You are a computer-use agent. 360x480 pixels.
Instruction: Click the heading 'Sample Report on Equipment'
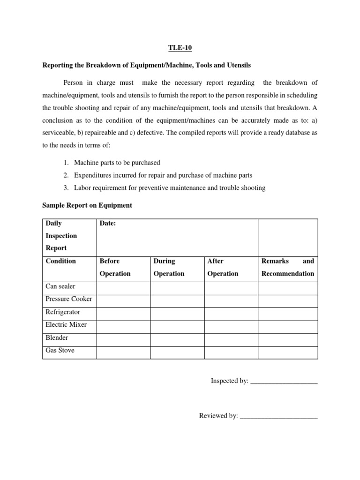pyautogui.click(x=87, y=205)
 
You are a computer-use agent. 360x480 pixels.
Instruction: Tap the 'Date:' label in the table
pyautogui.click(x=107, y=224)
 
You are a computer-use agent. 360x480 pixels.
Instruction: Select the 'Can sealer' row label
pyautogui.click(x=60, y=286)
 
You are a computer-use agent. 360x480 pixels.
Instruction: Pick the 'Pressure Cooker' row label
pyautogui.click(x=68, y=299)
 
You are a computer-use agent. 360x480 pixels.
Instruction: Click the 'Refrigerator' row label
pyautogui.click(x=63, y=312)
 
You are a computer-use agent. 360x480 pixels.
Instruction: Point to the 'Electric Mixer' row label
pyautogui.click(x=66, y=324)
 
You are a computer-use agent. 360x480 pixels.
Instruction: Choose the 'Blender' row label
pyautogui.click(x=57, y=337)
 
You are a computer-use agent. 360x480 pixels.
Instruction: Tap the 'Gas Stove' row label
pyautogui.click(x=60, y=350)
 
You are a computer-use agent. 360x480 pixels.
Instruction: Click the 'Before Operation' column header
pyautogui.click(x=115, y=267)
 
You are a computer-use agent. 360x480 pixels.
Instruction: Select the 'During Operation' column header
pyautogui.click(x=169, y=267)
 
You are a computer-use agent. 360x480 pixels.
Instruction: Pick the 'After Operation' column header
pyautogui.click(x=223, y=267)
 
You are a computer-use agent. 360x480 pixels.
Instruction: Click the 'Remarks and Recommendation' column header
pyautogui.click(x=287, y=267)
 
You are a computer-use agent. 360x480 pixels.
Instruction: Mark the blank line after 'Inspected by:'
pyautogui.click(x=284, y=382)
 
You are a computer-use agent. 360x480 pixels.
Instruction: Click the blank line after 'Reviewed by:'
pyautogui.click(x=278, y=416)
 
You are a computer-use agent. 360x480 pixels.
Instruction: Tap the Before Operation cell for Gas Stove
pyautogui.click(x=123, y=352)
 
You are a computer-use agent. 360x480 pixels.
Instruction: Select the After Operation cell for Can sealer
pyautogui.click(x=231, y=288)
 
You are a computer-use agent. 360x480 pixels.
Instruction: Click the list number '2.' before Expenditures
pyautogui.click(x=65, y=175)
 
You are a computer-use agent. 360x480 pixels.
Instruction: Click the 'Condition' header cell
pyautogui.click(x=60, y=261)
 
